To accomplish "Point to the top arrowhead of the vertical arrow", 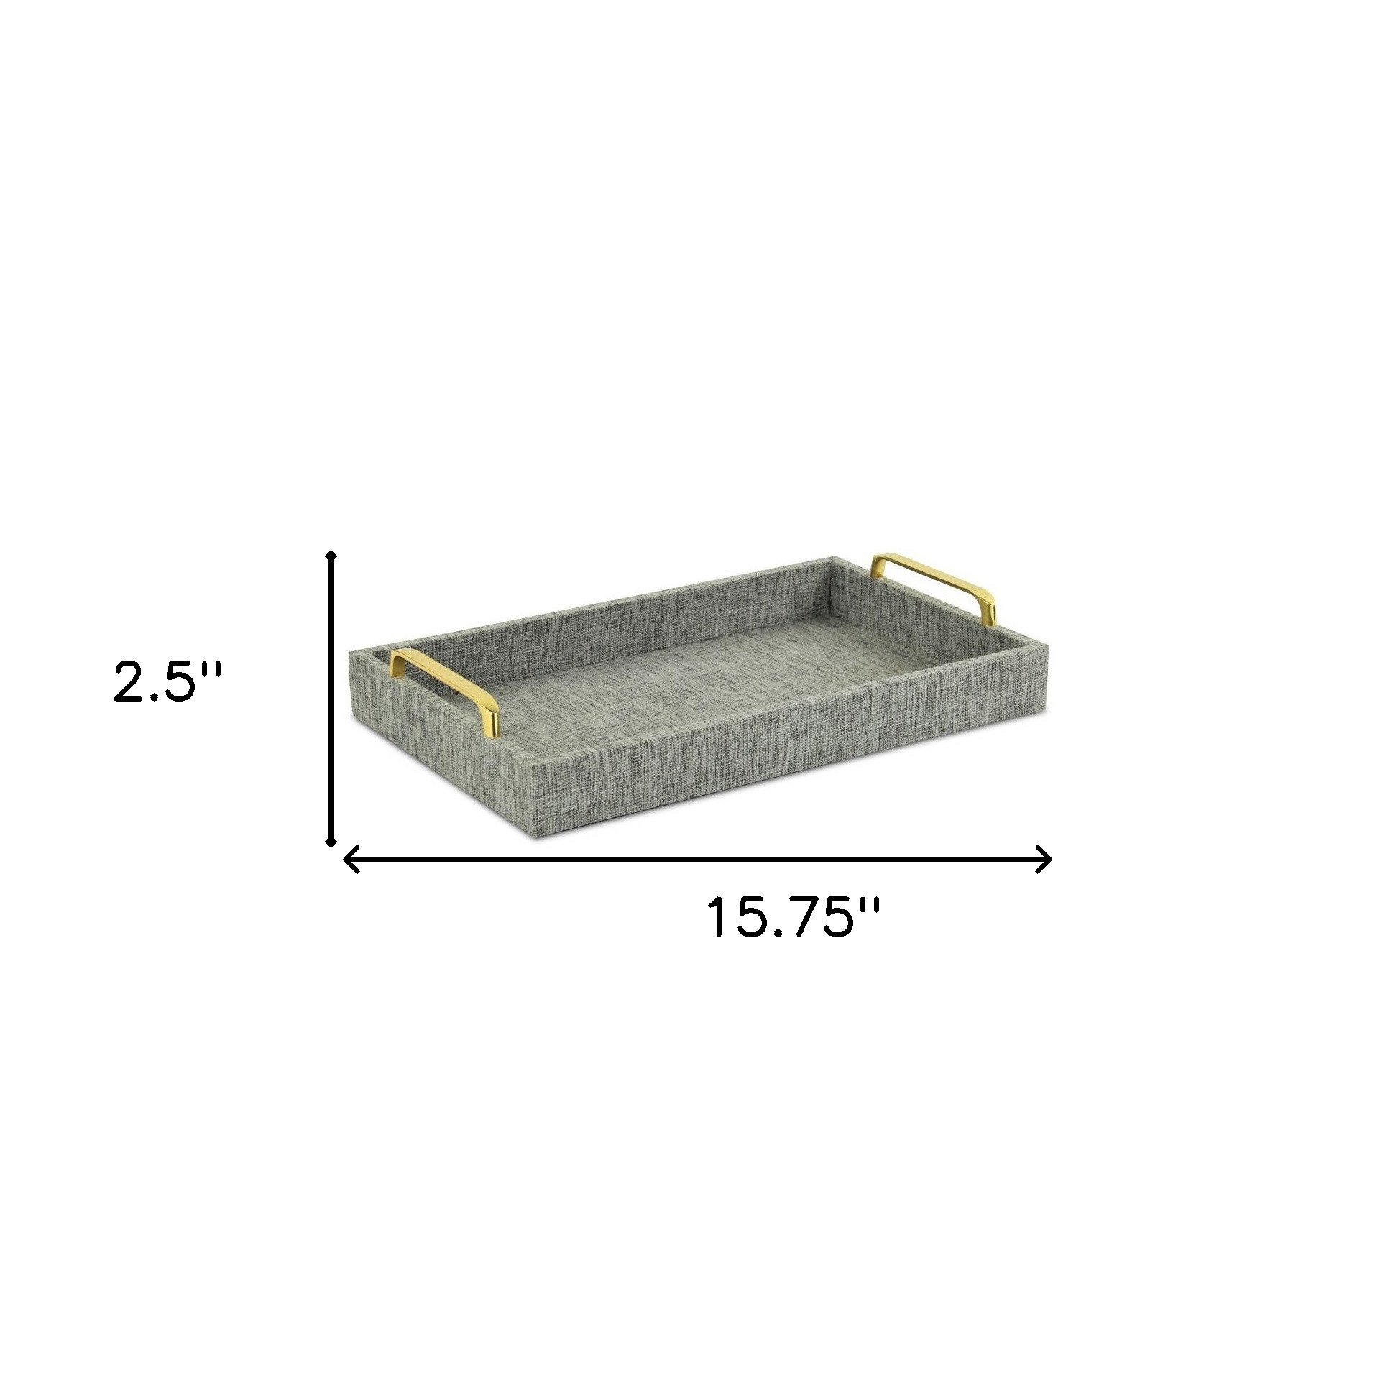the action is coord(331,555).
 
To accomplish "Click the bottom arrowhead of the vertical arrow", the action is coord(331,841).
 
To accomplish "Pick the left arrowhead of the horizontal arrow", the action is coord(351,860).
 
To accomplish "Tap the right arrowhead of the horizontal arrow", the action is coord(1043,860).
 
